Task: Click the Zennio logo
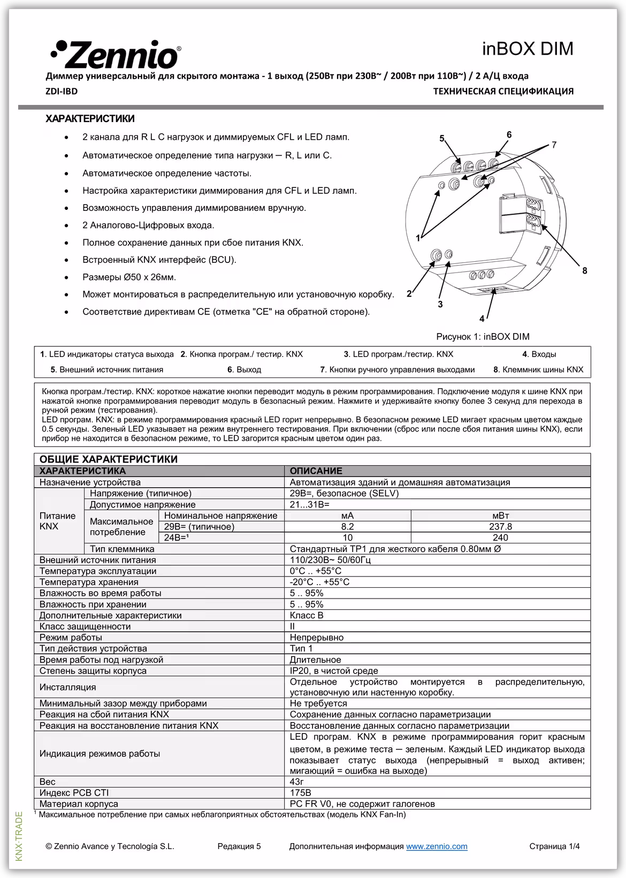point(116,54)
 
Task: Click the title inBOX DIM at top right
point(527,49)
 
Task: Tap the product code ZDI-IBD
point(62,92)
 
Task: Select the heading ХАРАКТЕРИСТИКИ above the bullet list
point(90,119)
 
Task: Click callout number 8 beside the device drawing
point(585,271)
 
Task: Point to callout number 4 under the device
point(482,319)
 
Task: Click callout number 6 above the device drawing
point(509,135)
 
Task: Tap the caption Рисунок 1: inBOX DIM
point(483,337)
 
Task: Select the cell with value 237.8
point(500,527)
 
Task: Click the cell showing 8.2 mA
point(347,527)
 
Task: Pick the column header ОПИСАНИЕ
point(316,471)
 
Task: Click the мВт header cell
point(500,516)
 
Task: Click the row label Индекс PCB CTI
point(74,793)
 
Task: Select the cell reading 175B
point(300,793)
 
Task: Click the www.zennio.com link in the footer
point(437,846)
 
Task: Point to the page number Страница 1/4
point(554,846)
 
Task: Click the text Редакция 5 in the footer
point(239,846)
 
